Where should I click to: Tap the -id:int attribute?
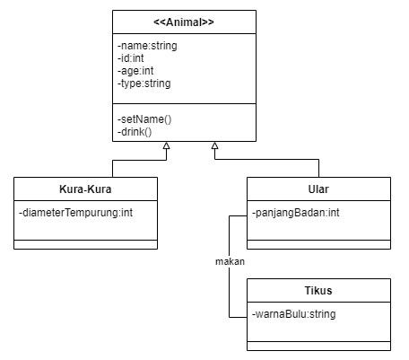pyautogui.click(x=132, y=58)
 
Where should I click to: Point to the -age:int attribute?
pyautogui.click(x=136, y=71)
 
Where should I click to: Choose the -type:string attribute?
pyautogui.click(x=144, y=83)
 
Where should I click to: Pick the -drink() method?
pyautogui.click(x=135, y=132)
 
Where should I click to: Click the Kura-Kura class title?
pyautogui.click(x=86, y=189)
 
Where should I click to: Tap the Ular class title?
pyautogui.click(x=318, y=189)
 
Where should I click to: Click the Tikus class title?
pyautogui.click(x=318, y=292)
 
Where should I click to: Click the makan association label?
pyautogui.click(x=230, y=261)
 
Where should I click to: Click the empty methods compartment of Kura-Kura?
pyautogui.click(x=86, y=244)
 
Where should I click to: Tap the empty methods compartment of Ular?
pyautogui.click(x=318, y=244)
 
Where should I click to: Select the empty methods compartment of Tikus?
pyautogui.click(x=318, y=346)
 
